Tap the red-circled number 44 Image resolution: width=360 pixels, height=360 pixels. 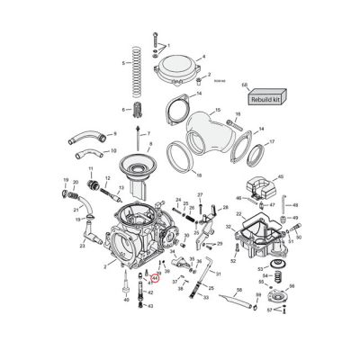154,278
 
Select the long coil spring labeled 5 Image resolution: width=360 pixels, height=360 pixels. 137,68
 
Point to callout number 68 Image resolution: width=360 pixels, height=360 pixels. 244,85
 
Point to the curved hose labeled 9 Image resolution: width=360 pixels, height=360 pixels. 85,138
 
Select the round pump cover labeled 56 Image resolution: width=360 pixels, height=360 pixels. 279,298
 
